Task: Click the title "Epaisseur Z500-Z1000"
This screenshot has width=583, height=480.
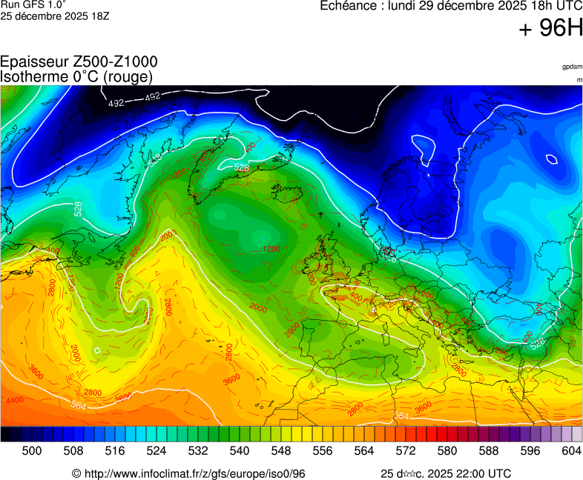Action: click(79, 62)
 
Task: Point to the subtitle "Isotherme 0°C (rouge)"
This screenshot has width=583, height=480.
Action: click(76, 76)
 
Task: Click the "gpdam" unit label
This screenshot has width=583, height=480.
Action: click(572, 66)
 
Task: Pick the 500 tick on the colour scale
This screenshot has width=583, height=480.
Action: click(32, 450)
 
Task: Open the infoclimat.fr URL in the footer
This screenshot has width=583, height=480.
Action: click(194, 473)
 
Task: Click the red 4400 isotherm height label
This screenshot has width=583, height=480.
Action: click(13, 400)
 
